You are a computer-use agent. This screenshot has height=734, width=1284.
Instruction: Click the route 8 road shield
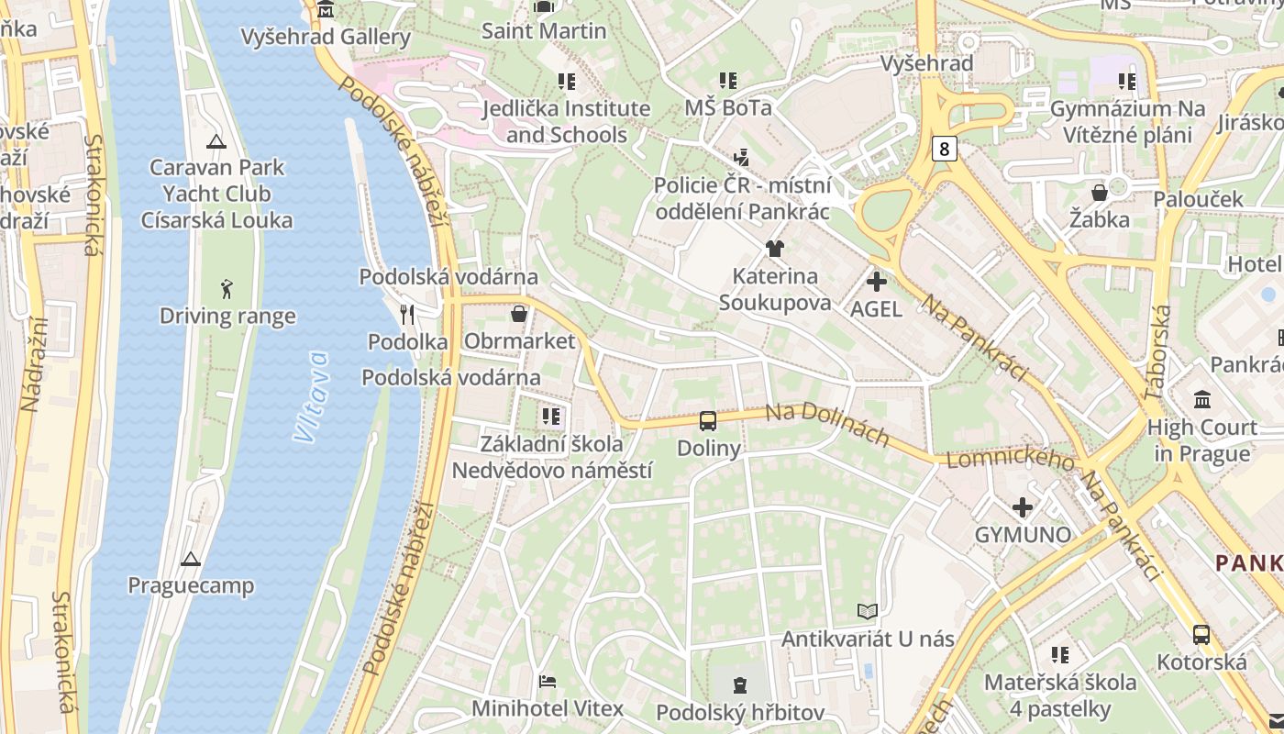(945, 149)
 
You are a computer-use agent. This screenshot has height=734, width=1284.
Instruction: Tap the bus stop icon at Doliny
(708, 421)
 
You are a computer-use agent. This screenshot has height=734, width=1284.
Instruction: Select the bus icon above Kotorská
(1201, 634)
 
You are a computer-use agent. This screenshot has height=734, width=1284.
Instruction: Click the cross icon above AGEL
(877, 282)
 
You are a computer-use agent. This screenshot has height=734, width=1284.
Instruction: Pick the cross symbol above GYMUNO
(1023, 507)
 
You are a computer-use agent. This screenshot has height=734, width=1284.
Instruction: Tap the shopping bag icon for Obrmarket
(519, 314)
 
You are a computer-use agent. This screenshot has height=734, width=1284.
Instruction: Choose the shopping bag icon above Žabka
(1099, 193)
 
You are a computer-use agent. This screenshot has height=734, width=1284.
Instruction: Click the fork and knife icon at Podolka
(408, 315)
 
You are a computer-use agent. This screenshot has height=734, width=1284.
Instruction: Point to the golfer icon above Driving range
(227, 289)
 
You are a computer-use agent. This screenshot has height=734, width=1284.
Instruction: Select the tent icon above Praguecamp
(191, 559)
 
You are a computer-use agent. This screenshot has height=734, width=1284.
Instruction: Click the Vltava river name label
(312, 396)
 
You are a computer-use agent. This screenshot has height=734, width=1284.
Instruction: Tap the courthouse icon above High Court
(1202, 400)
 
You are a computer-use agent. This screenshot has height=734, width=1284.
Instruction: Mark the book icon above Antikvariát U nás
(868, 611)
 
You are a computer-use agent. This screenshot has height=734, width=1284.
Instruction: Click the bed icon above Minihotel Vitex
(548, 682)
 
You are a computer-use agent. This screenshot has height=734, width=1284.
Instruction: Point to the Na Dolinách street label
(827, 425)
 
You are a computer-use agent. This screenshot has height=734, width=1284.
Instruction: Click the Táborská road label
(1157, 352)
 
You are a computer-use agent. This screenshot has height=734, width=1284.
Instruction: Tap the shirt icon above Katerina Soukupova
(775, 249)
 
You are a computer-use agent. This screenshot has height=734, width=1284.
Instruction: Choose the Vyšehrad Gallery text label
(326, 37)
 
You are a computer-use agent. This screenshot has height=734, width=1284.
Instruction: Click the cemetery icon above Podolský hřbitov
(740, 684)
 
